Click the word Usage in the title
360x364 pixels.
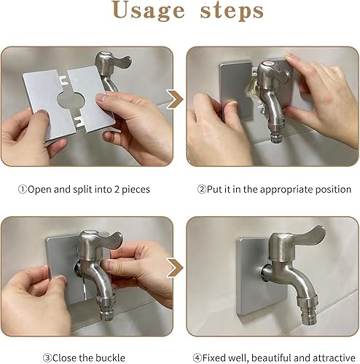click(149, 11)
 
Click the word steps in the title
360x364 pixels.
click(232, 11)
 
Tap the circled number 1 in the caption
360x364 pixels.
click(23, 189)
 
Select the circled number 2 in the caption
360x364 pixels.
click(201, 189)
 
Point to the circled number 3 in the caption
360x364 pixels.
click(47, 357)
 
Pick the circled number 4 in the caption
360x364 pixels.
click(197, 357)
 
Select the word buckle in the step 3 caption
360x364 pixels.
click(110, 357)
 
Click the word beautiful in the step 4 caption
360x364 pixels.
click(270, 357)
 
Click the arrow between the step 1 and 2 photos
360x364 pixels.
click(176, 99)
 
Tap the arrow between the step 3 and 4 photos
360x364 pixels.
click(176, 268)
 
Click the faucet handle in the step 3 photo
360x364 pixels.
click(111, 239)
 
